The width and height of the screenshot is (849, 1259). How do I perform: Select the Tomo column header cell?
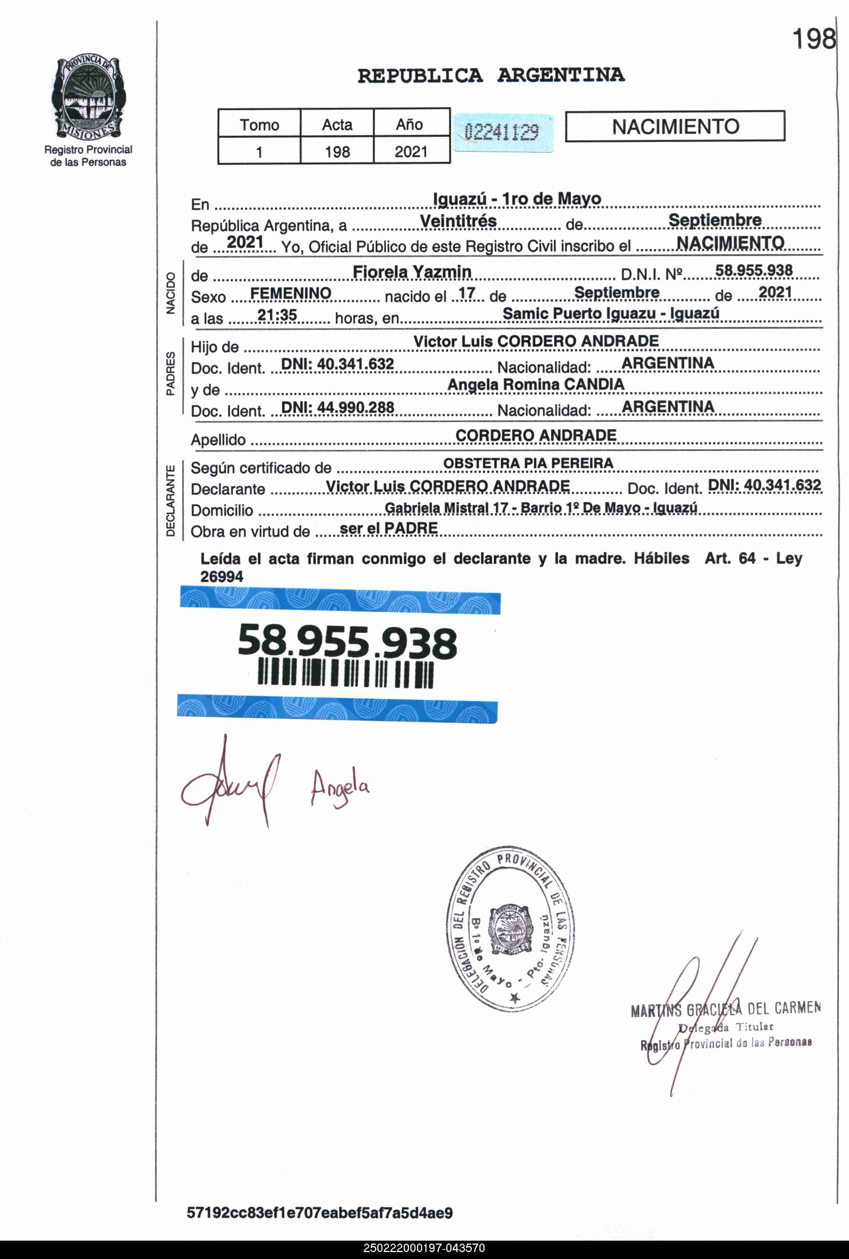click(x=260, y=124)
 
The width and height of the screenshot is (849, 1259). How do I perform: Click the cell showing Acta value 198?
click(x=337, y=152)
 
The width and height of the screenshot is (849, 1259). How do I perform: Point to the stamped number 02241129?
click(x=502, y=131)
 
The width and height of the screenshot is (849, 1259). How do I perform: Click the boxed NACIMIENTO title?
click(x=675, y=127)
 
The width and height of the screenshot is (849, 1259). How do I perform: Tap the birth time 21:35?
click(x=277, y=315)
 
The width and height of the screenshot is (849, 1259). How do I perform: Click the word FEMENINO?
click(x=291, y=293)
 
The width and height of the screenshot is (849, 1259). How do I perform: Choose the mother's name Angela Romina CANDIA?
click(x=536, y=384)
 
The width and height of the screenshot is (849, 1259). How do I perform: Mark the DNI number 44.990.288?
click(x=337, y=407)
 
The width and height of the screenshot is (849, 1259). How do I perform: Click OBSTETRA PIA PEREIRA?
click(x=528, y=463)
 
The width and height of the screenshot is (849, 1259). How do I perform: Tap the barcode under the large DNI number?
click(x=345, y=674)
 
